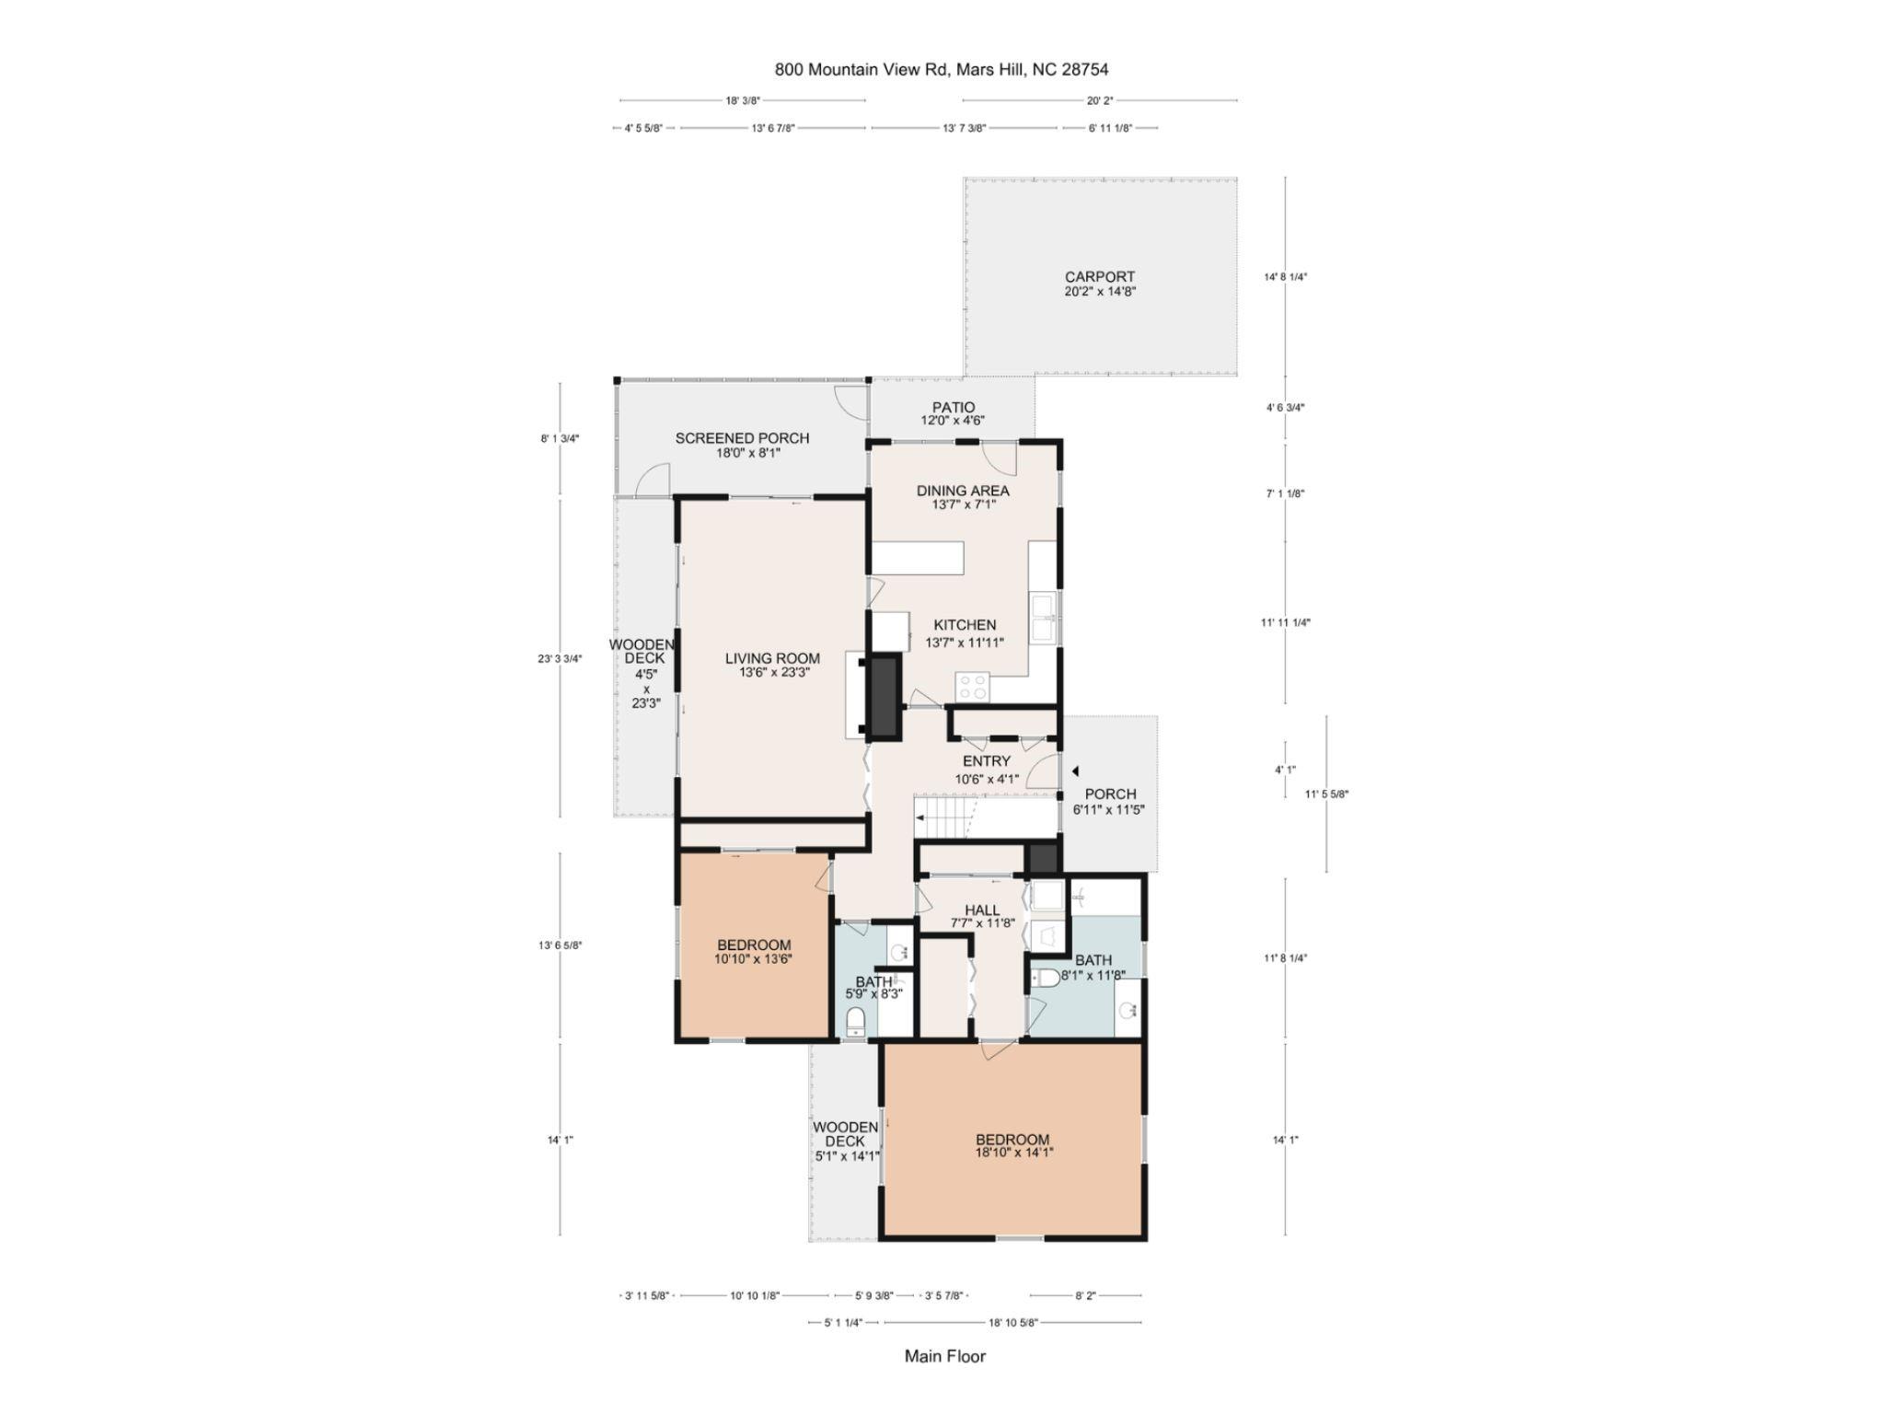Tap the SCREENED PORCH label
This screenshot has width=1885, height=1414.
point(742,438)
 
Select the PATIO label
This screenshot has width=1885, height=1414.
point(953,407)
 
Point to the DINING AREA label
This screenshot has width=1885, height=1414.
point(962,491)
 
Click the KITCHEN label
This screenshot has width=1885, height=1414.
point(965,625)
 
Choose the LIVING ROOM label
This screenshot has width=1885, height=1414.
point(772,658)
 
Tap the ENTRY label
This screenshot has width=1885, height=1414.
point(986,761)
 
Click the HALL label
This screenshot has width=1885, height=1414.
point(982,910)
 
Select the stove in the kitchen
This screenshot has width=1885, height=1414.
point(973,686)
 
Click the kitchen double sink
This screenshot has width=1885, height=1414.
point(1043,617)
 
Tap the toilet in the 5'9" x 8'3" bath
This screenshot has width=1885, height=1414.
point(855,1022)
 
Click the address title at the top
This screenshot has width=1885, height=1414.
point(942,69)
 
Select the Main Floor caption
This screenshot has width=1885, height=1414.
point(944,1356)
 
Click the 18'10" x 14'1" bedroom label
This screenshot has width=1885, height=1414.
point(1012,1146)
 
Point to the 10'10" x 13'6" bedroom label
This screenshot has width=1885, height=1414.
point(754,952)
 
